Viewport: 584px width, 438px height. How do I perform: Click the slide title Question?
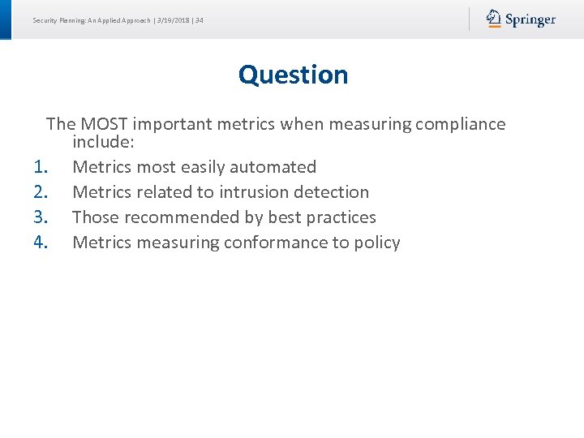pyautogui.click(x=293, y=75)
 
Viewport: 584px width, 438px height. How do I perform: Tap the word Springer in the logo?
pyautogui.click(x=530, y=20)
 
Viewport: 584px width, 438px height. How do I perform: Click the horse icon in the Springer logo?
pyautogui.click(x=494, y=19)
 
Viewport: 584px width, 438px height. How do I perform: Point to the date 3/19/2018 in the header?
pyautogui.click(x=174, y=20)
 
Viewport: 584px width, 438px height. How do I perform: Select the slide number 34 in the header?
pyautogui.click(x=200, y=20)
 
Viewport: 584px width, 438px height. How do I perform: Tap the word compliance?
pyautogui.click(x=460, y=124)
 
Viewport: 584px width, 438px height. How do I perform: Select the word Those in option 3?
pyautogui.click(x=94, y=217)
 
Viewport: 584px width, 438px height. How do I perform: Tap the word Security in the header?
pyautogui.click(x=45, y=20)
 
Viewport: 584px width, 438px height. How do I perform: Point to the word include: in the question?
pyautogui.click(x=103, y=143)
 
